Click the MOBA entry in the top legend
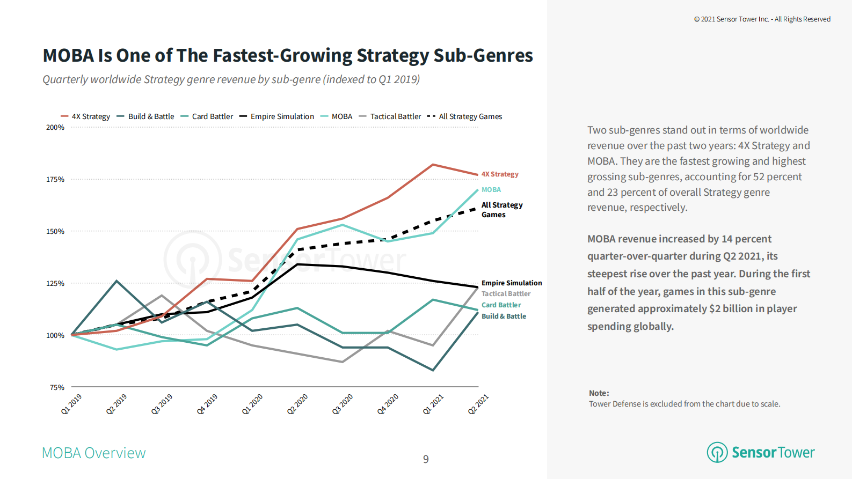[x=341, y=116]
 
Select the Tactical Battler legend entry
[x=395, y=116]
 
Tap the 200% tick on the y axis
[x=55, y=128]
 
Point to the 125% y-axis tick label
[x=55, y=283]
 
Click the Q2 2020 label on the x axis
[x=297, y=404]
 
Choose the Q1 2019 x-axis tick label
[x=71, y=404]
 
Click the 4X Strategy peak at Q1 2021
[x=433, y=165]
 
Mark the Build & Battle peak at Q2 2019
[x=117, y=281]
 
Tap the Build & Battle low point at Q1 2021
[x=433, y=370]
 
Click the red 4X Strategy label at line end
[x=500, y=174]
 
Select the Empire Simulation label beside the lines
[x=512, y=283]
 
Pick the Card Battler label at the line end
[x=501, y=305]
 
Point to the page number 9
[x=426, y=459]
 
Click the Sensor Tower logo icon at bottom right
[x=717, y=452]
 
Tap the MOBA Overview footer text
[x=94, y=453]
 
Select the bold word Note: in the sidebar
[x=599, y=393]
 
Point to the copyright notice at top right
[x=762, y=19]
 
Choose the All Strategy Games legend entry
[x=470, y=116]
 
